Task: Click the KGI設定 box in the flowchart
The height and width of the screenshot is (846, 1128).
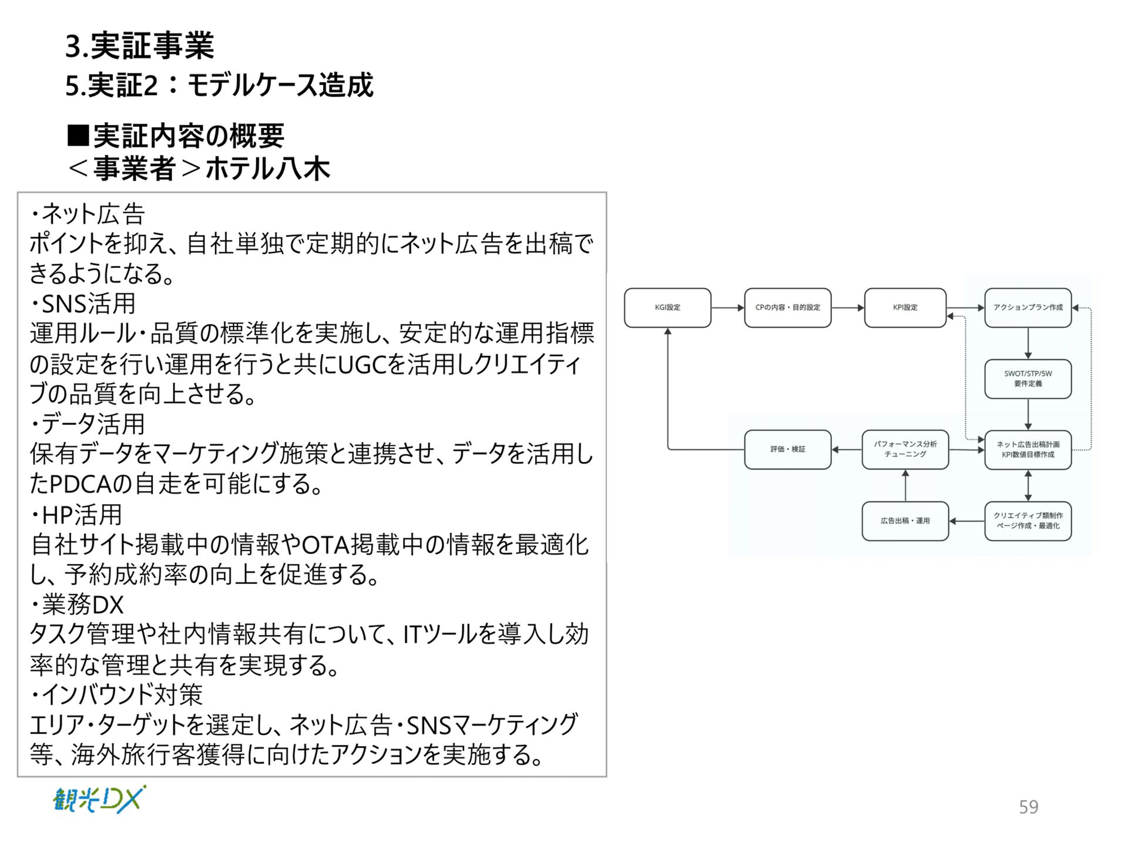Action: point(667,307)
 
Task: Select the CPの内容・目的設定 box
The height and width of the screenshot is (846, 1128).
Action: point(787,307)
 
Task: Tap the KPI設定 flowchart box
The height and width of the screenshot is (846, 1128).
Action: point(905,307)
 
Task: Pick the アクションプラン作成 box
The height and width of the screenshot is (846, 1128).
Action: point(1028,307)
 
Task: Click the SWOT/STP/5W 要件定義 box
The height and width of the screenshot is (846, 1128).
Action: point(1028,378)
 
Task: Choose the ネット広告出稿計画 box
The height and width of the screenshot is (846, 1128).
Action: point(1028,449)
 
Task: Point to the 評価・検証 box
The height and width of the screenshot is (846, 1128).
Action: point(787,449)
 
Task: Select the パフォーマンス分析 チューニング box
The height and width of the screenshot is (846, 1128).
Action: point(905,449)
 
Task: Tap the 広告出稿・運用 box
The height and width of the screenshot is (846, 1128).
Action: point(905,521)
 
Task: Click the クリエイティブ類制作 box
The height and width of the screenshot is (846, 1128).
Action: point(1028,521)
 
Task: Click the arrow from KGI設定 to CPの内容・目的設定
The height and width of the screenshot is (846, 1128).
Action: point(727,307)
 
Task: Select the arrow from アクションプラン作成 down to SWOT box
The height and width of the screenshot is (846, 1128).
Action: point(1028,343)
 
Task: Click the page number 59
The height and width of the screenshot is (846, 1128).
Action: point(1028,807)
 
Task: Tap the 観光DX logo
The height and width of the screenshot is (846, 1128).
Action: point(99,799)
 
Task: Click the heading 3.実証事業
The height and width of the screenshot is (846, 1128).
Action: point(140,46)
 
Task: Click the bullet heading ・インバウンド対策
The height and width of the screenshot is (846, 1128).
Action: point(116,694)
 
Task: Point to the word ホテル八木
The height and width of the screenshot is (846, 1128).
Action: point(268,169)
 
